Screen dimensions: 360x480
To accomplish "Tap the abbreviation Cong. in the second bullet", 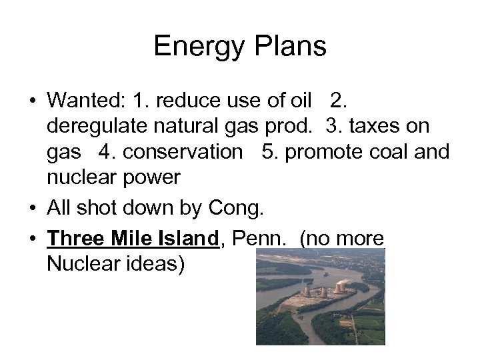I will [x=235, y=209].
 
